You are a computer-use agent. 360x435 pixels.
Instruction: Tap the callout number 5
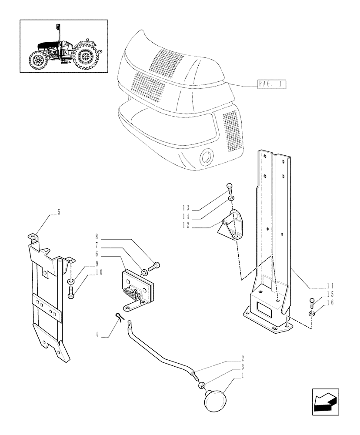[x=58, y=213]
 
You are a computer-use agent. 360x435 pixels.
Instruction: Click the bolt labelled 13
[x=230, y=190]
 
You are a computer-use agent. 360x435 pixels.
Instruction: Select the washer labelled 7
[x=143, y=272]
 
